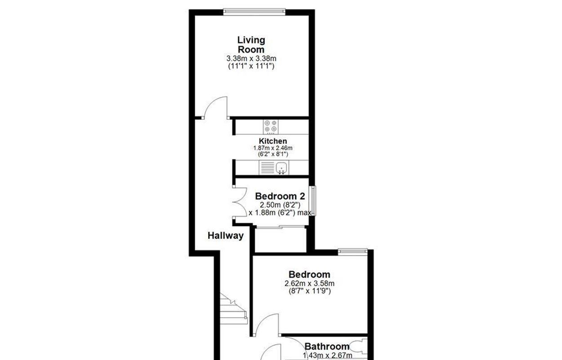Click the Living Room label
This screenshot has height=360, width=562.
(x=251, y=45)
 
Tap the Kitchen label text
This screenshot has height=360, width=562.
(x=273, y=141)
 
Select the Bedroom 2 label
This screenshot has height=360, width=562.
(x=280, y=196)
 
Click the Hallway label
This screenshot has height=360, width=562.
(x=225, y=235)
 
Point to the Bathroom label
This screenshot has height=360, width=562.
(x=327, y=346)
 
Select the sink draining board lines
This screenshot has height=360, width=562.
(x=267, y=168)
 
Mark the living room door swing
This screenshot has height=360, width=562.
(x=215, y=108)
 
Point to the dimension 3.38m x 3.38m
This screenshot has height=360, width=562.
(x=251, y=58)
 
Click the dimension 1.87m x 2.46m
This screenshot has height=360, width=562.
(x=273, y=148)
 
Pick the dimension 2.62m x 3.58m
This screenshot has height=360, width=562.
(x=309, y=283)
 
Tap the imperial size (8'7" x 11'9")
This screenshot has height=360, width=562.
(x=309, y=291)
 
